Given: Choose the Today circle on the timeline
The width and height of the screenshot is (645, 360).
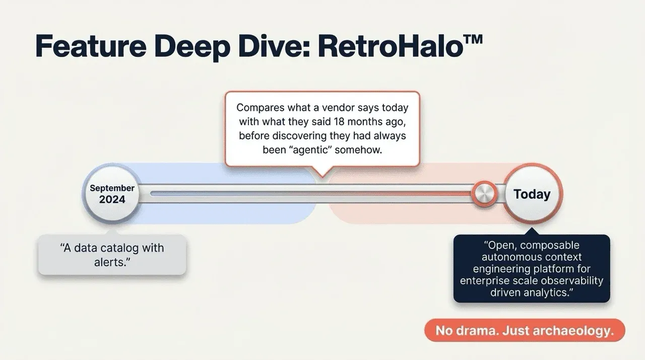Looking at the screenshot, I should tap(532, 194).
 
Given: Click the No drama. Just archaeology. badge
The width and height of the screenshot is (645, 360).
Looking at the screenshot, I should tap(524, 331).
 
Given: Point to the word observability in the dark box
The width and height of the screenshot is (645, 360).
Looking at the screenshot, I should tap(573, 281).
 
